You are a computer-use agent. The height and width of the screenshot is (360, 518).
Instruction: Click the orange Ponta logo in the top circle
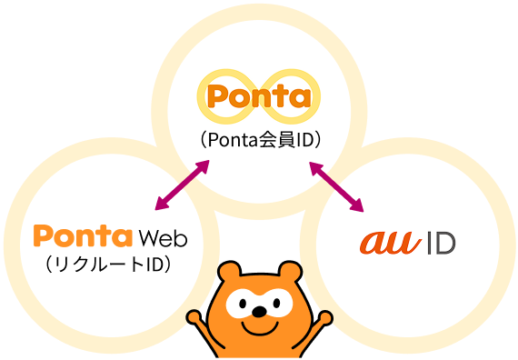pyautogui.click(x=259, y=95)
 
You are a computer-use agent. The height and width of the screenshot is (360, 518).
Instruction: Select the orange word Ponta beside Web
pyautogui.click(x=83, y=238)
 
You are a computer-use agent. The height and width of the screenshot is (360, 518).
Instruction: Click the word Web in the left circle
pyautogui.click(x=164, y=238)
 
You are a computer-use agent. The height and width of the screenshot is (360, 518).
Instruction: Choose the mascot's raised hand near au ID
pyautogui.click(x=322, y=319)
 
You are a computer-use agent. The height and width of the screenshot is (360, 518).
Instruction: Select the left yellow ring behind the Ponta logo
pyautogui.click(x=224, y=95)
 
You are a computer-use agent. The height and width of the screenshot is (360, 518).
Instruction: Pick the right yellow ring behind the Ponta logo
pyautogui.click(x=296, y=95)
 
